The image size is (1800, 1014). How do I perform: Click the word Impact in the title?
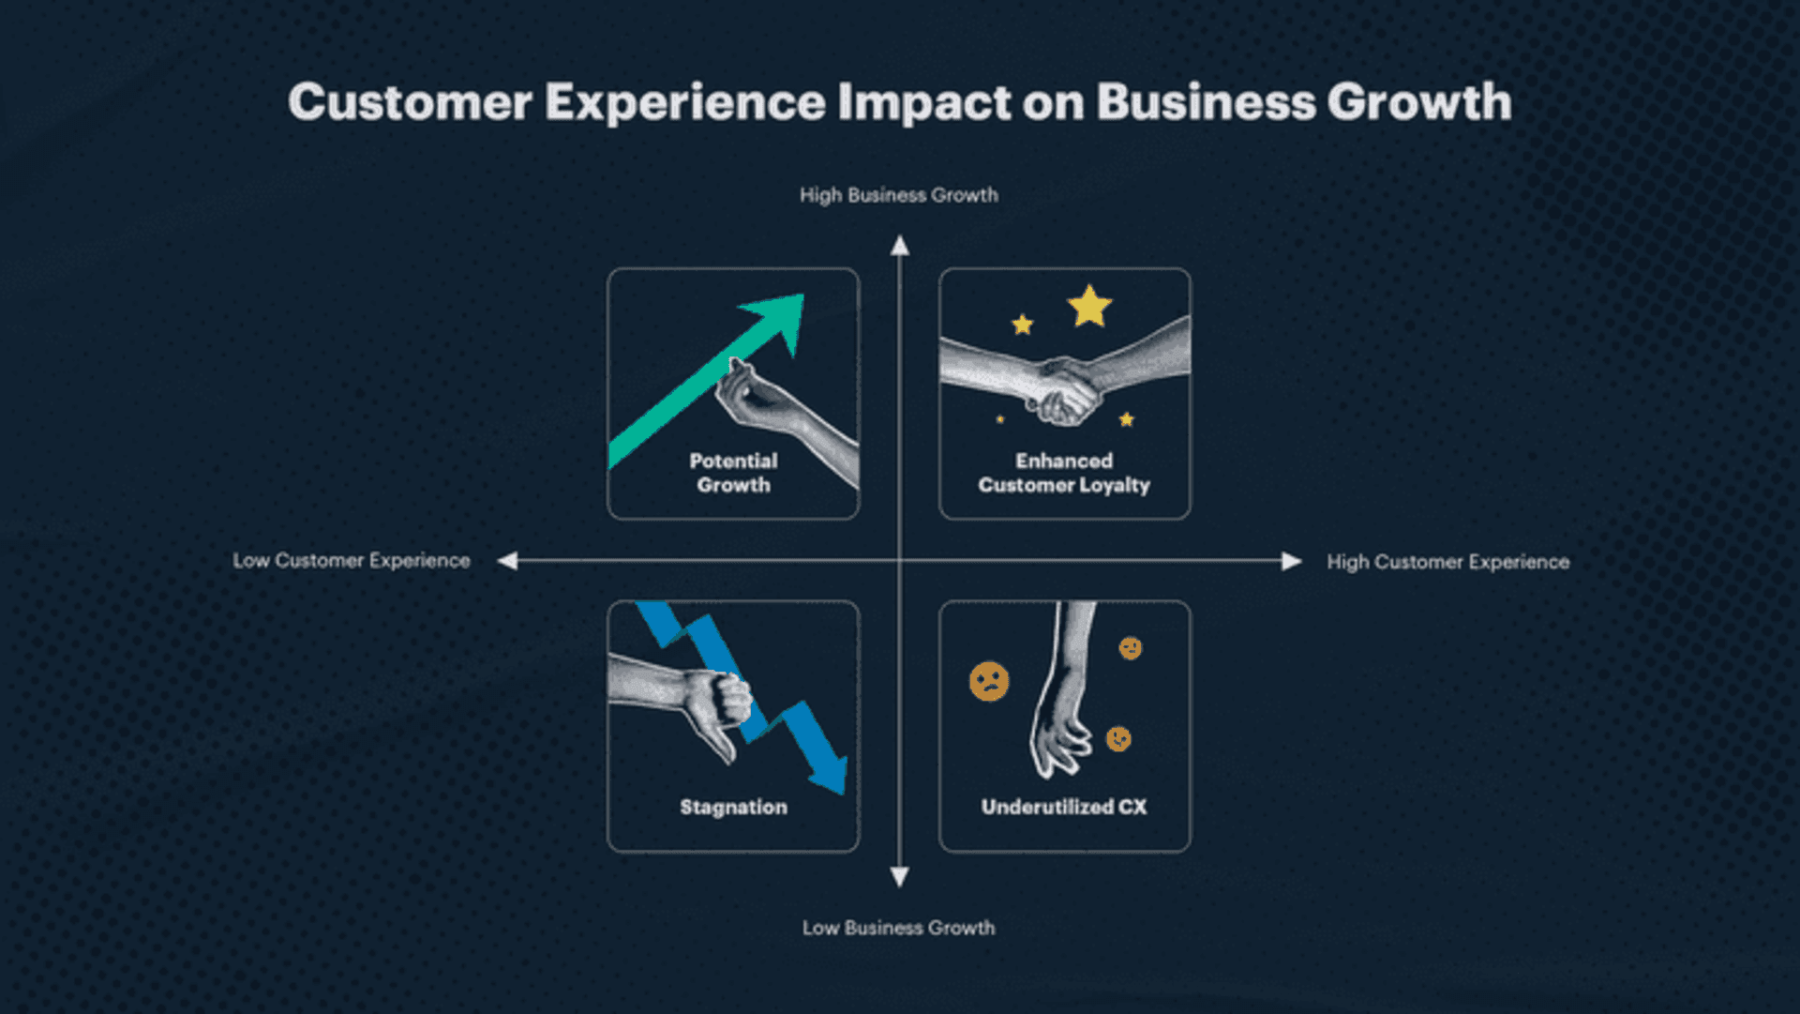[924, 102]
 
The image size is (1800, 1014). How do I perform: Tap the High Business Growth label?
[898, 195]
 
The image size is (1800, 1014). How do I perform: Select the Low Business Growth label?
[898, 928]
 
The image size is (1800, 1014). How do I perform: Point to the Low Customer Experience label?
[352, 561]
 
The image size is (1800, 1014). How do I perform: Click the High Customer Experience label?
[1447, 562]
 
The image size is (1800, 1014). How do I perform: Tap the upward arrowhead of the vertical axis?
[900, 247]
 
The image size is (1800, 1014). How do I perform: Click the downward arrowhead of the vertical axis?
[900, 877]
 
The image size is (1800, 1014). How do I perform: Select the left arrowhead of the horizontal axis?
[508, 561]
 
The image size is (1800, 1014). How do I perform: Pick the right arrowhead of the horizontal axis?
[1291, 561]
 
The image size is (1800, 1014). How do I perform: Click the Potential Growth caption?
[733, 473]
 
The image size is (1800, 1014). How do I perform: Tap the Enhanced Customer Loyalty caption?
[1064, 473]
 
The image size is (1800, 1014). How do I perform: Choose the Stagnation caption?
[733, 807]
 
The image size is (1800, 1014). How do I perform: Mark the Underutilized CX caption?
[1064, 807]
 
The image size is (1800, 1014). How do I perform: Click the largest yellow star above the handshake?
[1089, 307]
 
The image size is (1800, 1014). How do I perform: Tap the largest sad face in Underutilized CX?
[989, 682]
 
